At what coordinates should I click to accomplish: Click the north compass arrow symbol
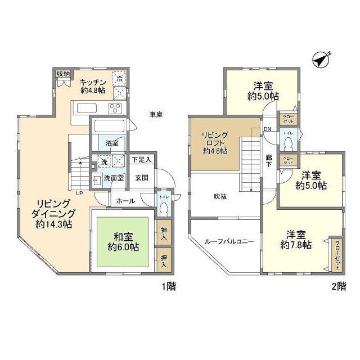click(x=321, y=59)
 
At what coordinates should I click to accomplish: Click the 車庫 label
click(x=156, y=115)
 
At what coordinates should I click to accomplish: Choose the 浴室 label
click(x=112, y=143)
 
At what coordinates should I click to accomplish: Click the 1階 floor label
click(x=169, y=287)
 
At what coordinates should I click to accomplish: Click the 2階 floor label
click(x=339, y=287)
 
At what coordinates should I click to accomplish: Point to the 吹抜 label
click(x=219, y=197)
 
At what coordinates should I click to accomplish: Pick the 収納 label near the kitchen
click(x=63, y=74)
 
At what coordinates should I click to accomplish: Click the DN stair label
click(x=268, y=129)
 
